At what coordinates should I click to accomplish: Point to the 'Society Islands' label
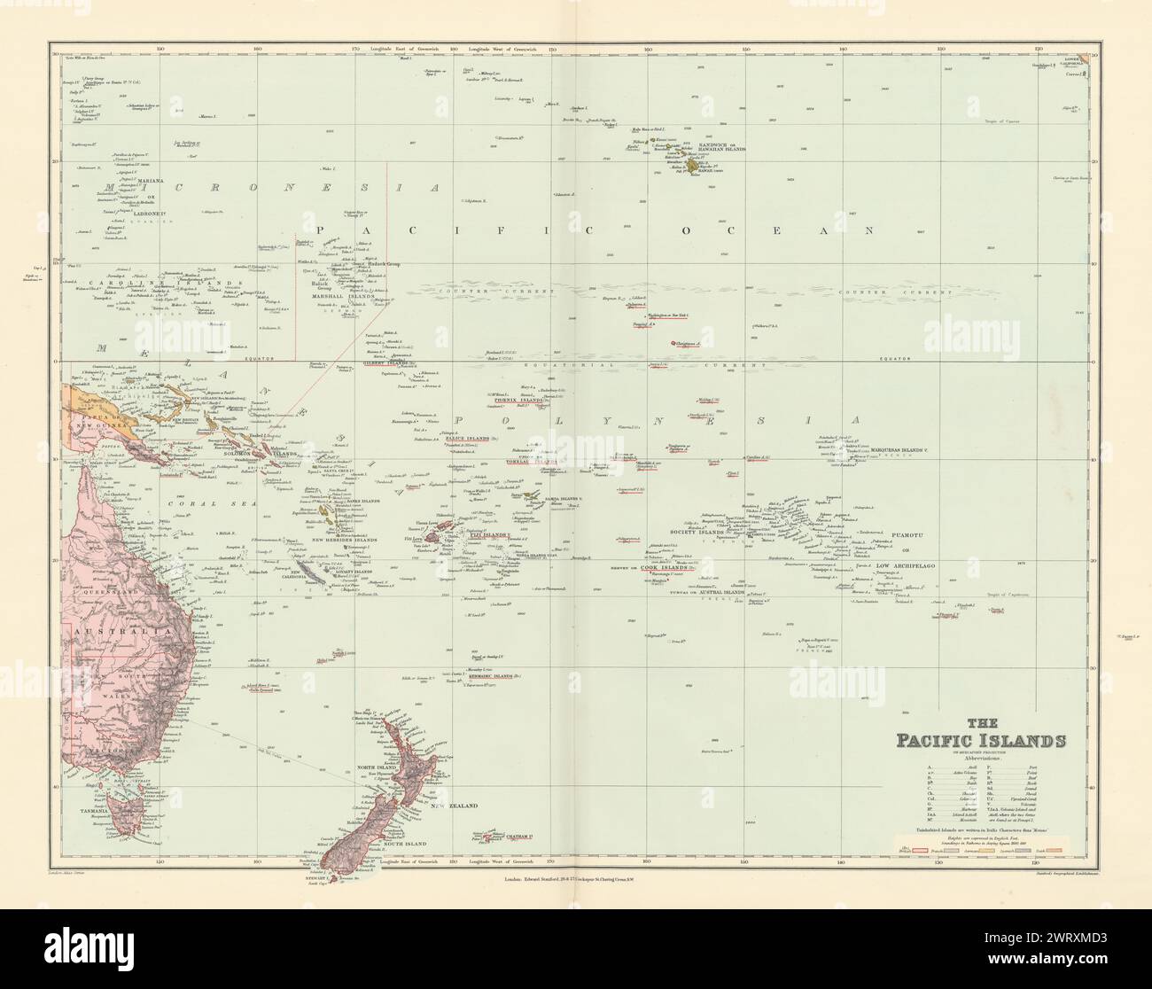(x=700, y=531)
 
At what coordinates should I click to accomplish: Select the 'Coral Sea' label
(x=194, y=502)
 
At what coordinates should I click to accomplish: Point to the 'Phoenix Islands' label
(x=518, y=401)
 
